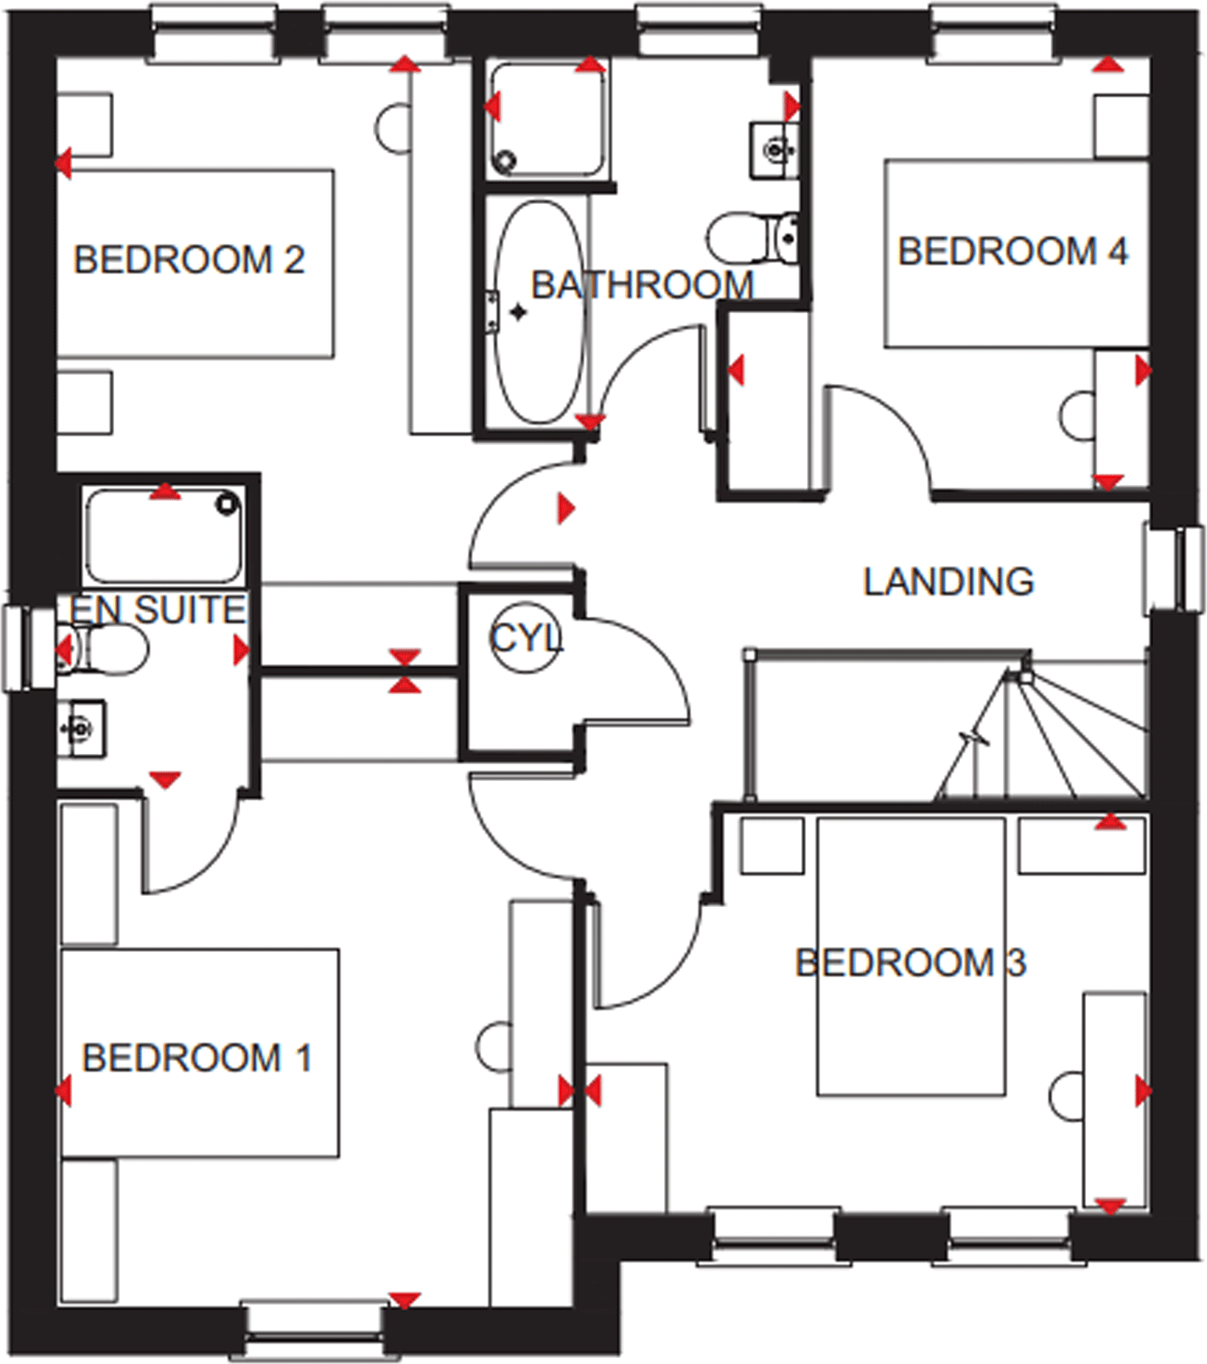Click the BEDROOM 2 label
click(189, 260)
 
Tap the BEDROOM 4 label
click(1012, 251)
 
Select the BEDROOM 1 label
click(197, 1058)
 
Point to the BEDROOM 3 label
click(910, 963)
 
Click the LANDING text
click(948, 581)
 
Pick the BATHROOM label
click(642, 285)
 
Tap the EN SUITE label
click(157, 609)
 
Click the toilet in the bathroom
click(752, 237)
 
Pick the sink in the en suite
click(80, 727)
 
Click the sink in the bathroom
click(775, 151)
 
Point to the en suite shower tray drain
click(227, 504)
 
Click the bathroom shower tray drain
click(506, 160)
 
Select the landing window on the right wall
click(1174, 568)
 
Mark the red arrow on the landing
click(566, 508)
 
